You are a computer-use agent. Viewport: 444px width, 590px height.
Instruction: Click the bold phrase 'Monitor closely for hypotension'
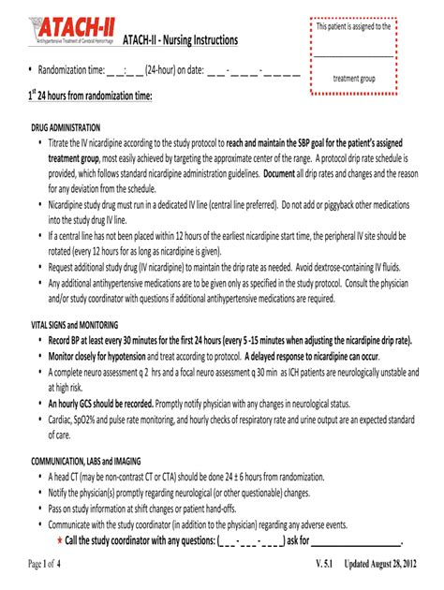[106, 357]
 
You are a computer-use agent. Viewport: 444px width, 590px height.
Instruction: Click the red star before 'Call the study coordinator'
[58, 540]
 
